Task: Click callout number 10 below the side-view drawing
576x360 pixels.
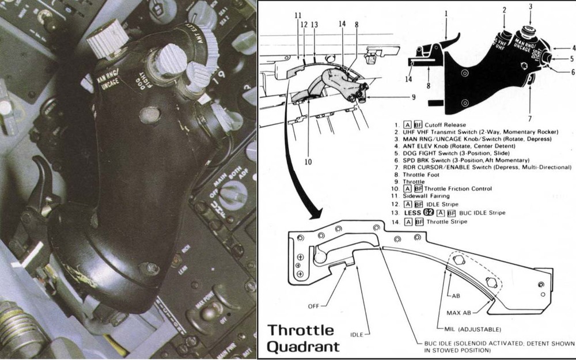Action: (308, 162)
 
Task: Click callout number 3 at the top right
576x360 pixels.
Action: (530, 6)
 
